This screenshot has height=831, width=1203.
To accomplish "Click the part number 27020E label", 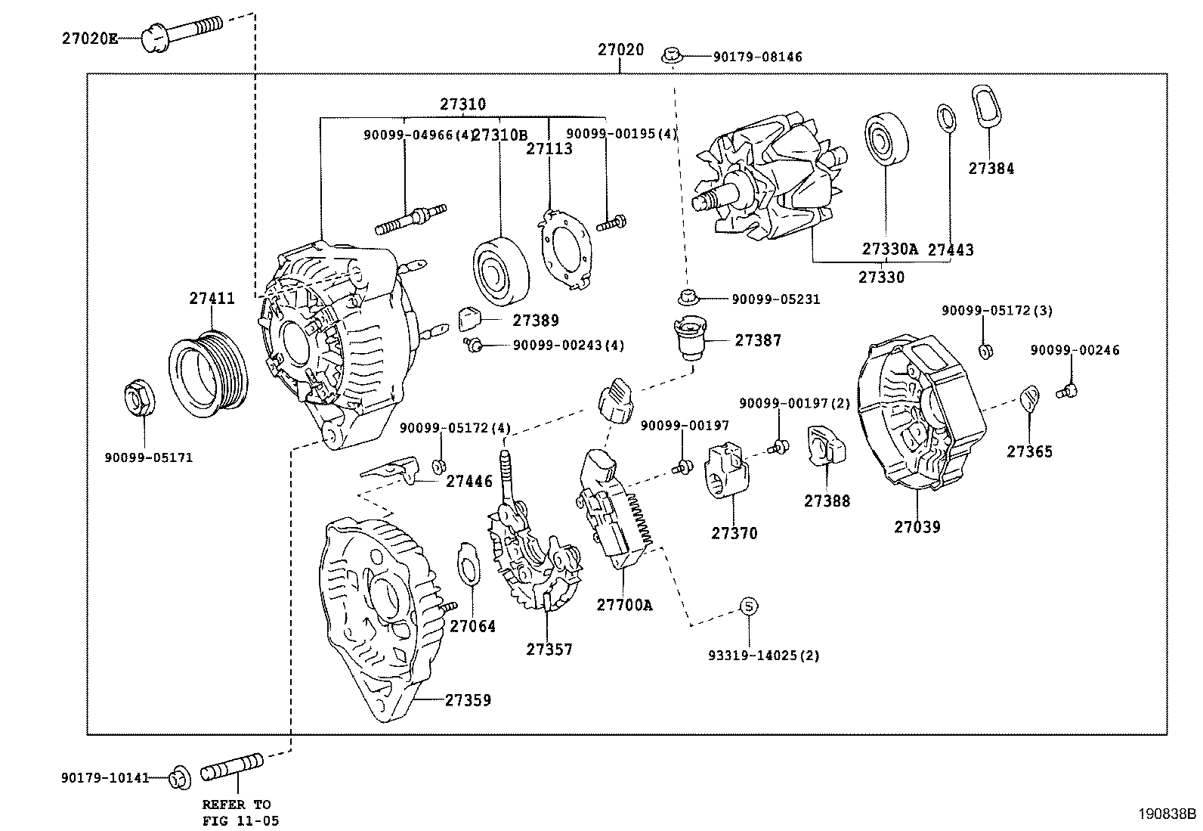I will point(90,38).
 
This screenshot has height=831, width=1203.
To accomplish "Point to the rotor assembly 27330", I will point(763,180).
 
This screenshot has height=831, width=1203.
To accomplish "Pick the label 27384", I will point(991,169).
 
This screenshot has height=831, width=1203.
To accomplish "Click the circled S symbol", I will point(747,606).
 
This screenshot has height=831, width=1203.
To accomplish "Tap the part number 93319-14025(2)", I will point(763,655).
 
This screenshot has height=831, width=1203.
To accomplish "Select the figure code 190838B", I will point(1167,814).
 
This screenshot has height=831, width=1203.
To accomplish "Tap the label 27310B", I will point(499,135).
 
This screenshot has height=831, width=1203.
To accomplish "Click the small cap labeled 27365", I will point(1029,398).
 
